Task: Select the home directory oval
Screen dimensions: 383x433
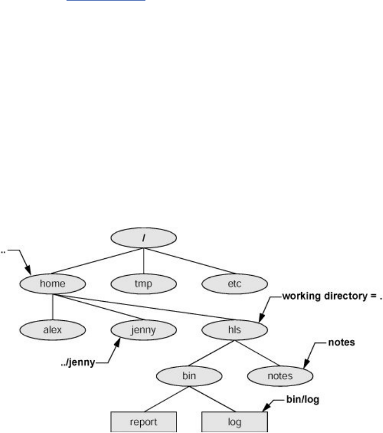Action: pyautogui.click(x=52, y=284)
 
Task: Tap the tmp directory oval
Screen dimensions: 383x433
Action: pyautogui.click(x=143, y=284)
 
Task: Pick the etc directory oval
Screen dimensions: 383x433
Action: pyautogui.click(x=234, y=284)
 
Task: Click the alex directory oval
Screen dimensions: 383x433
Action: pyautogui.click(x=52, y=329)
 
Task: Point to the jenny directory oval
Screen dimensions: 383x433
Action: pyautogui.click(x=143, y=329)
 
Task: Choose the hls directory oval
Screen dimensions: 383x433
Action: pyautogui.click(x=234, y=329)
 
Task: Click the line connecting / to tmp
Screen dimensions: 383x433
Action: pyautogui.click(x=143, y=264)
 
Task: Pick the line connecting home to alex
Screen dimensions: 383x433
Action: pyautogui.click(x=52, y=307)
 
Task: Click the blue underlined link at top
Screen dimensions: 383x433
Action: pyautogui.click(x=106, y=2)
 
